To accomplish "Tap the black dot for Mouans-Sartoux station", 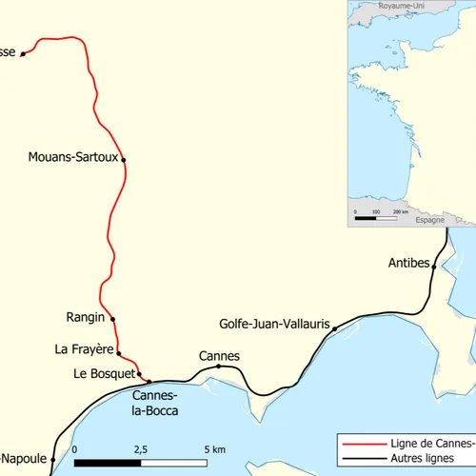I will tap(124, 160).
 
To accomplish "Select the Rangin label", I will tap(85, 319).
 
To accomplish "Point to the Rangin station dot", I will tap(112, 319).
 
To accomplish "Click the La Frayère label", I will tap(85, 350).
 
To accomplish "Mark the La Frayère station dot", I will tap(119, 353).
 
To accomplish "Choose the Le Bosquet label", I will tap(105, 373).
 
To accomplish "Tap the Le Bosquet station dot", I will tap(140, 373).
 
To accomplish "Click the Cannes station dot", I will tap(218, 367).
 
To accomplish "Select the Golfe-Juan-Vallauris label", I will tap(274, 324).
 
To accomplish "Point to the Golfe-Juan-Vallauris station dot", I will tap(335, 328).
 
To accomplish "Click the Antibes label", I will tap(409, 263).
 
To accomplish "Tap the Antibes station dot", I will tap(433, 268).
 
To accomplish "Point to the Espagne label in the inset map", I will tap(430, 219).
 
